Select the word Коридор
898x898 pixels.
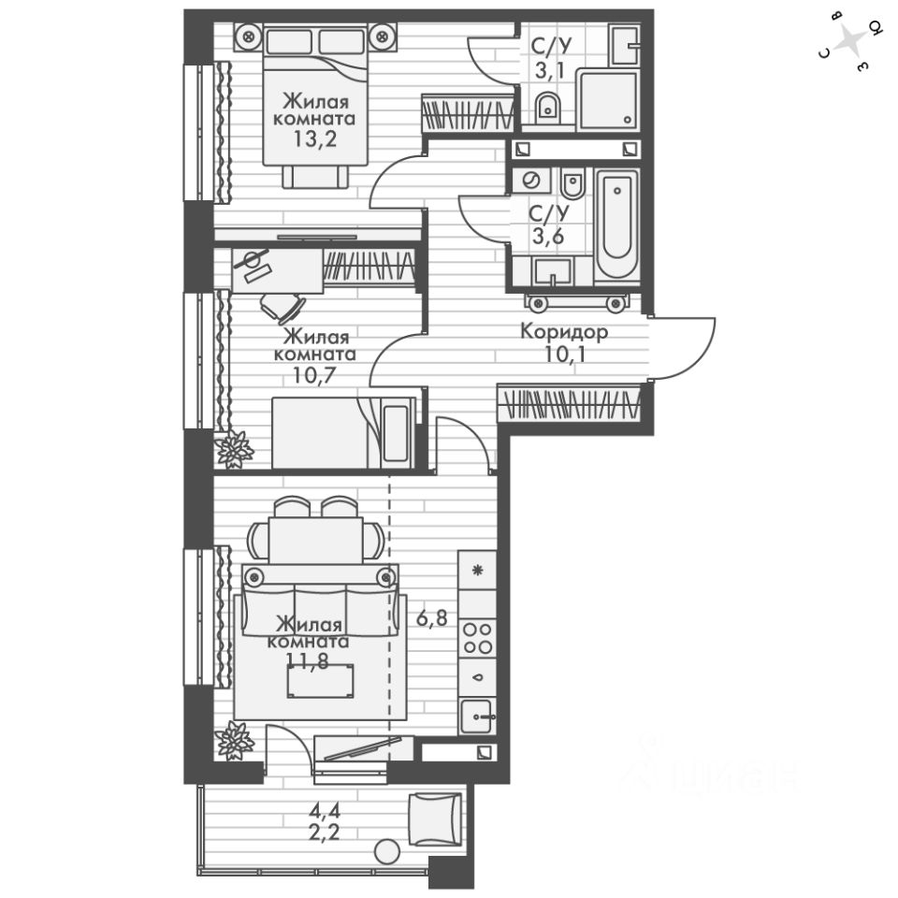[x=564, y=332]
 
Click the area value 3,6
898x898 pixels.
[x=545, y=233]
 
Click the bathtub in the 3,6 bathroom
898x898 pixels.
[x=617, y=224]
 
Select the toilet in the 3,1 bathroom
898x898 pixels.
[x=548, y=109]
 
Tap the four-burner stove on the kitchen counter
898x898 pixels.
[x=478, y=636]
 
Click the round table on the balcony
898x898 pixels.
[x=386, y=851]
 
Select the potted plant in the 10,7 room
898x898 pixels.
[x=234, y=449]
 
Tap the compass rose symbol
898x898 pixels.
[x=850, y=43]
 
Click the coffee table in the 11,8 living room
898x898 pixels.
[x=321, y=681]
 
